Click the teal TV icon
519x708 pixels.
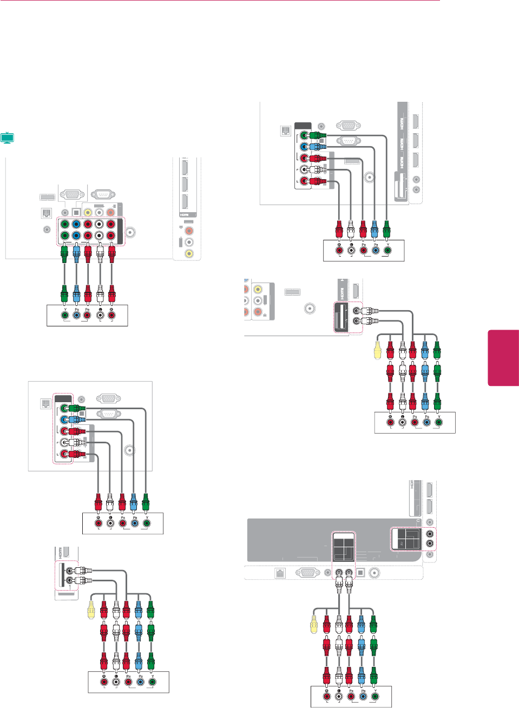coord(7,137)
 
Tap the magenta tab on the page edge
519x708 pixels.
coord(503,358)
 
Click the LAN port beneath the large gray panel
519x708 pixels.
coord(280,573)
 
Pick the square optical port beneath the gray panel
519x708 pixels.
coord(360,573)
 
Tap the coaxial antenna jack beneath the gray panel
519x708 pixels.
coord(375,573)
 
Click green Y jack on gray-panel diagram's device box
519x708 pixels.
coord(375,696)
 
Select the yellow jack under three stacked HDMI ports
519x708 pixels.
coord(189,253)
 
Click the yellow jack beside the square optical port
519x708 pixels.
coord(88,212)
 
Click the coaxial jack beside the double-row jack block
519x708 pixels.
coord(130,233)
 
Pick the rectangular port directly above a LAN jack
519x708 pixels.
coord(47,198)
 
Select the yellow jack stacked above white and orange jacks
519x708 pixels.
coord(258,290)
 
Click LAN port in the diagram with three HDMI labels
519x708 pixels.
coord(285,130)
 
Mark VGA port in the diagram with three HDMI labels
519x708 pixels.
coord(348,126)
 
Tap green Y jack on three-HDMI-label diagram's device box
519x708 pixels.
coord(387,250)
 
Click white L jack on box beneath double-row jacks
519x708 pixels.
coord(100,315)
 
